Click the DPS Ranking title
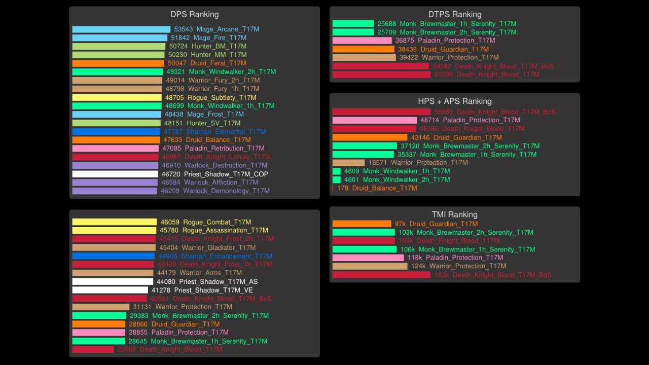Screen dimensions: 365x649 tap(195, 14)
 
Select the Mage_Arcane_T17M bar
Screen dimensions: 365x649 tap(121, 29)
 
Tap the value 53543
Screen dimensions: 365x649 tap(183, 29)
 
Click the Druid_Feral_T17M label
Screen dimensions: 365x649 tap(218, 63)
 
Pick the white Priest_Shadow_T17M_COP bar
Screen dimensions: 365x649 tap(115, 174)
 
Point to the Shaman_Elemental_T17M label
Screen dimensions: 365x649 tap(226, 131)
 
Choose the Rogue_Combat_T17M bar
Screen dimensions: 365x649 tap(115, 222)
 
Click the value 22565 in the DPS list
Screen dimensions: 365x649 tap(126, 349)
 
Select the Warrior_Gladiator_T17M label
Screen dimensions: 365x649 tap(219, 247)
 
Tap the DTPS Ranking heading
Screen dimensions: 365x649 tap(455, 14)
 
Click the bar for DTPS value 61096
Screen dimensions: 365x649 tap(381, 75)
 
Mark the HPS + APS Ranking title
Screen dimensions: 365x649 tap(455, 101)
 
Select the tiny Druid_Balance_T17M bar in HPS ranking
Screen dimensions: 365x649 tap(333, 188)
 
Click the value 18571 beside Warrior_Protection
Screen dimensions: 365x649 tap(378, 163)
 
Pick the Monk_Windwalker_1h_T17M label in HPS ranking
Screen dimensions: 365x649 tap(406, 171)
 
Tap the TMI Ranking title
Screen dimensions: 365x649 tap(455, 214)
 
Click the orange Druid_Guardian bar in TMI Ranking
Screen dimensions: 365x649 tap(362, 224)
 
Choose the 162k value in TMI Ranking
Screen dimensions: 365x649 tap(442, 275)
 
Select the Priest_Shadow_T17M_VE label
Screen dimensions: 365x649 tap(213, 290)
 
